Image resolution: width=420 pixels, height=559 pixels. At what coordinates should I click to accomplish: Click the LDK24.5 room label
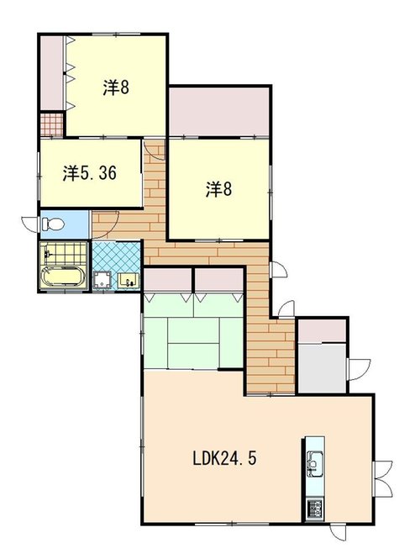224,458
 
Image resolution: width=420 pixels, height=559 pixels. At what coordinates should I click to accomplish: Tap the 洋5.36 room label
90,173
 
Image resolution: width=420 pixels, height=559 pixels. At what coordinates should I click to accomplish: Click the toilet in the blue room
53,224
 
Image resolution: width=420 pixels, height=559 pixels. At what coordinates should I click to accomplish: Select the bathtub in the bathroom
63,277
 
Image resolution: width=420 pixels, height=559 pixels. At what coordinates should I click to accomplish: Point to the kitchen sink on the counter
314,463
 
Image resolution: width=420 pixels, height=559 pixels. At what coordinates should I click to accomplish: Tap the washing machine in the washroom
102,280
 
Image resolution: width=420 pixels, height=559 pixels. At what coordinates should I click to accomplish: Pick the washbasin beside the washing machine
128,279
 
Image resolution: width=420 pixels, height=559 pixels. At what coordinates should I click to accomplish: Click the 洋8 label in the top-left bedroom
116,87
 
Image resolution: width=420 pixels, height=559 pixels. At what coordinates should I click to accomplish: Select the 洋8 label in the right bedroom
218,189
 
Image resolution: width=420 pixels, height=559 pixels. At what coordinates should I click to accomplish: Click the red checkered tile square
51,124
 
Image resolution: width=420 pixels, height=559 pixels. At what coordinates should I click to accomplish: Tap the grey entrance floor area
322,367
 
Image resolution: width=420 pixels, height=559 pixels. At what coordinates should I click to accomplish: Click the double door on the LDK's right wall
382,479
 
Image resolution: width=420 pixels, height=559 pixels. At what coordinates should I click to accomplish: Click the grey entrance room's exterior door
359,370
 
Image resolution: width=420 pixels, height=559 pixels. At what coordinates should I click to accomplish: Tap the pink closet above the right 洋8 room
218,112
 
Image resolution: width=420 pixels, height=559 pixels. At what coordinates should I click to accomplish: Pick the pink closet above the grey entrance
322,331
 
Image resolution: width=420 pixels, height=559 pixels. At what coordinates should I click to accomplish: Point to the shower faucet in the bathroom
47,253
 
